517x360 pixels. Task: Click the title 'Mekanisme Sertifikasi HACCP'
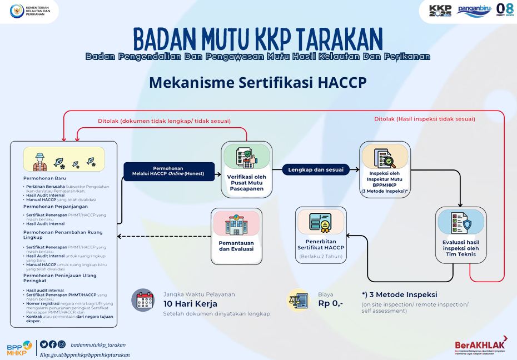click(258, 82)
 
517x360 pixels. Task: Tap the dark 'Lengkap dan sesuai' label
click(315, 169)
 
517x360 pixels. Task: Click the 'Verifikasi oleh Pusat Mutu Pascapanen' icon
click(246, 157)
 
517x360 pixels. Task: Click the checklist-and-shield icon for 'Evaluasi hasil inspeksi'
click(461, 222)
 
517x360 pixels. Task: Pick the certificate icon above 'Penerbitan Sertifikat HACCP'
click(321, 222)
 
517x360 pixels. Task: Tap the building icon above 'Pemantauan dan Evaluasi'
click(236, 224)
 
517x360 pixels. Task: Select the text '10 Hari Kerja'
click(190, 304)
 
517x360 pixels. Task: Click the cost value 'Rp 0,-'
click(330, 303)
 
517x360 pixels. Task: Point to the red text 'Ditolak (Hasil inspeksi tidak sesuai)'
click(424, 118)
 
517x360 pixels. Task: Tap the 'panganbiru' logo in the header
click(474, 9)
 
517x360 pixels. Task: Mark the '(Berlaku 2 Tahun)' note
click(321, 256)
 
